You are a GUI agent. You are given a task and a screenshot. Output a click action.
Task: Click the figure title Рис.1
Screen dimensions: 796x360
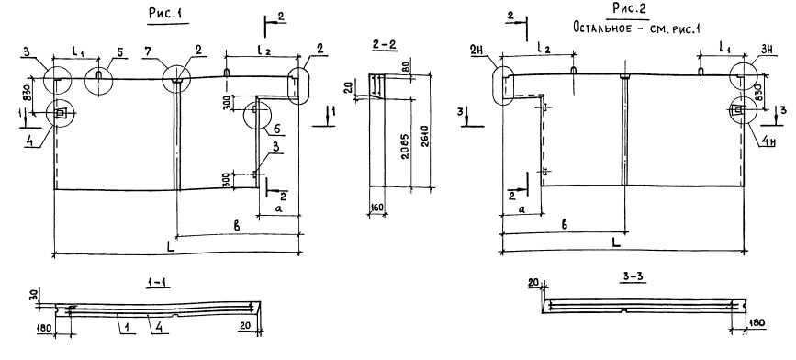click(x=165, y=15)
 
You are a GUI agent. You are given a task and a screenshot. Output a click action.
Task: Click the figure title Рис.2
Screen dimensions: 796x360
click(x=631, y=8)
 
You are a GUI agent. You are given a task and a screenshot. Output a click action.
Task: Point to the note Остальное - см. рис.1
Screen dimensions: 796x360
click(x=636, y=27)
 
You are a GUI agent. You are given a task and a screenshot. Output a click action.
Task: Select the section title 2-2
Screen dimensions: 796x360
click(x=385, y=45)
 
